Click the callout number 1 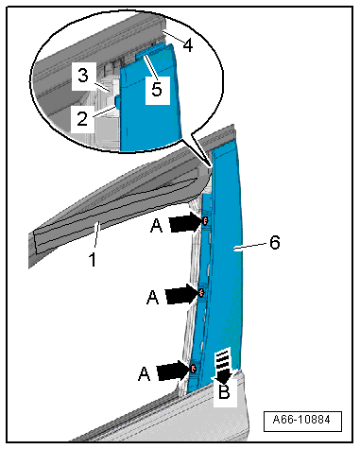[x=93, y=259]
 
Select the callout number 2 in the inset [x=82, y=119]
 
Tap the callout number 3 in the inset [x=82, y=76]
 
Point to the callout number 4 [x=188, y=45]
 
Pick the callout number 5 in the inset [x=157, y=89]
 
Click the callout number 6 [x=275, y=243]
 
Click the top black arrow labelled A [x=185, y=222]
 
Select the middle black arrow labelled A [x=181, y=294]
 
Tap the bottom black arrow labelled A [x=173, y=370]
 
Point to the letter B [x=224, y=392]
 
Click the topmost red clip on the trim [x=205, y=221]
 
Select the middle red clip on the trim [x=201, y=293]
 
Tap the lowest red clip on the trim [x=193, y=368]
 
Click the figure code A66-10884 [x=301, y=420]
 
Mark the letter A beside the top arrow [x=156, y=226]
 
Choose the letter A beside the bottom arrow [x=144, y=373]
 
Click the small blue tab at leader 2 [x=117, y=102]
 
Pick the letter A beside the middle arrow [x=153, y=297]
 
